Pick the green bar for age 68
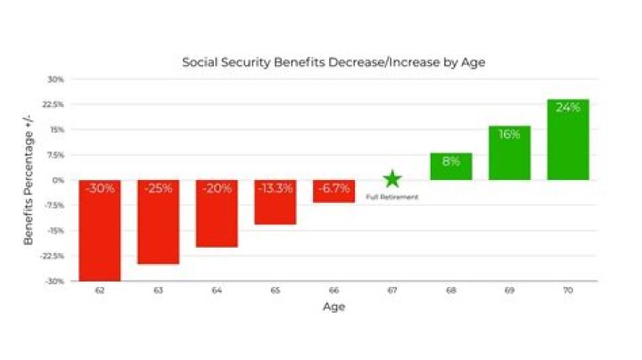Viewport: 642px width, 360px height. [x=451, y=168]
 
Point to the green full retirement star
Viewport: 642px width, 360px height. [x=392, y=179]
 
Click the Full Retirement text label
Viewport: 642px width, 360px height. [x=392, y=197]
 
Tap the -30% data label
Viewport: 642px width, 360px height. [x=100, y=189]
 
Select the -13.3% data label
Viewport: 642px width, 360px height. [x=276, y=189]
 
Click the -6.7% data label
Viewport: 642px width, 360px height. [x=333, y=189]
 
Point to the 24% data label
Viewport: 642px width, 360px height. [x=568, y=108]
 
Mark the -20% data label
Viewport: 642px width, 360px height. [x=217, y=189]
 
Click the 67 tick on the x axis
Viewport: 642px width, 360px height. [x=392, y=290]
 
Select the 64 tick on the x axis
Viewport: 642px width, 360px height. [x=217, y=290]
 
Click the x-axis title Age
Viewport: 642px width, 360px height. [x=333, y=307]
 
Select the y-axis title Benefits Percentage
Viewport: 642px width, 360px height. [x=29, y=180]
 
